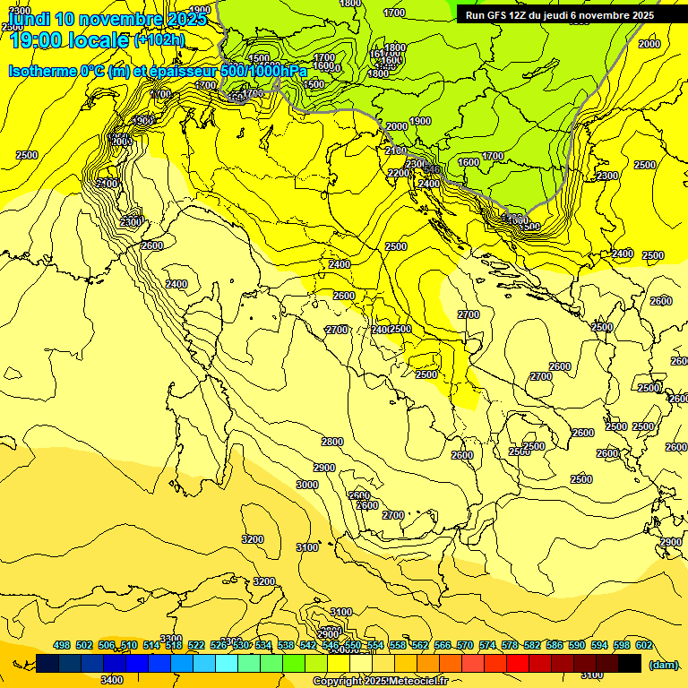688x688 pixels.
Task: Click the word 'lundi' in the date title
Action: (26, 18)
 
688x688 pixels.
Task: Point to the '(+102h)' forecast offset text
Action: (159, 39)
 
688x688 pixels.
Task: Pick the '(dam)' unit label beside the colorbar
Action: (664, 665)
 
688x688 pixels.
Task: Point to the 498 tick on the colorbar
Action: (62, 645)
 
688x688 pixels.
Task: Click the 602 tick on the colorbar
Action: (644, 645)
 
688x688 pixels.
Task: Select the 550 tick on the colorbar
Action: (353, 645)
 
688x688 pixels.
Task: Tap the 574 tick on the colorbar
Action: (487, 645)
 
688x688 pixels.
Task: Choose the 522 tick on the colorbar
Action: (196, 645)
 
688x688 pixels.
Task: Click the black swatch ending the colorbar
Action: (630, 663)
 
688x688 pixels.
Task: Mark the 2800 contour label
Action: (332, 442)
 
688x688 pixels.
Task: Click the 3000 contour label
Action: (306, 485)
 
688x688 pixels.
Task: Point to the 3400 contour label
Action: (112, 680)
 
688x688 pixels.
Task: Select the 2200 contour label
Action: (399, 173)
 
